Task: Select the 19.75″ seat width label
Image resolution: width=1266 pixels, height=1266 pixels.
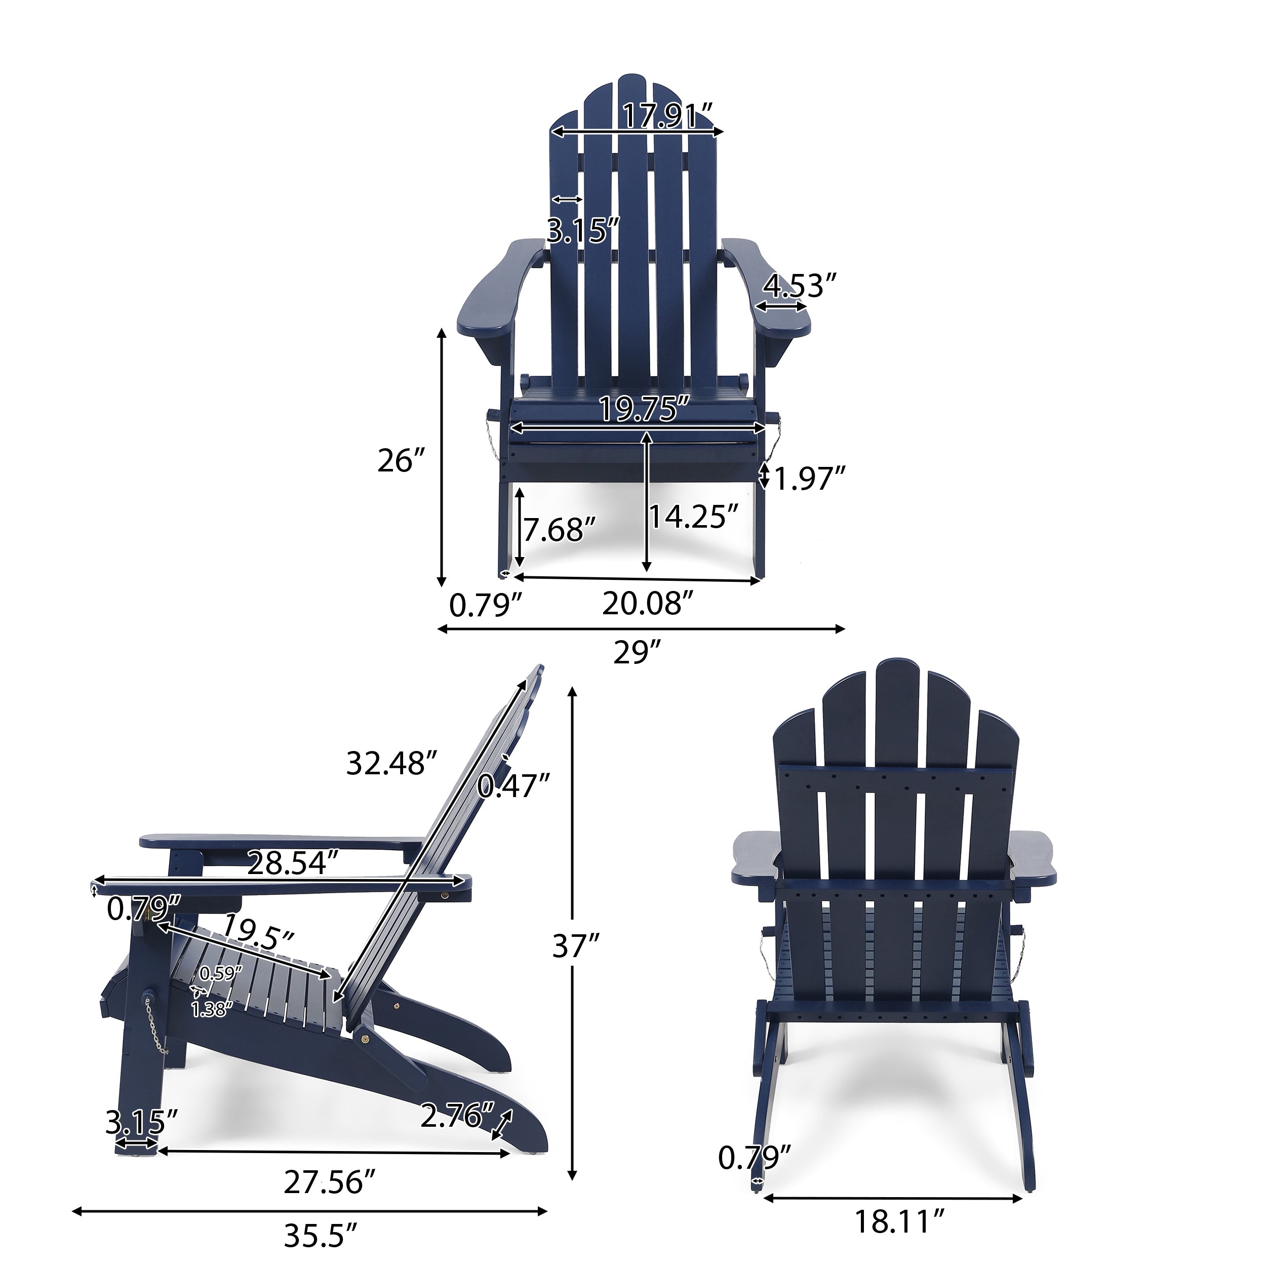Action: coord(646,410)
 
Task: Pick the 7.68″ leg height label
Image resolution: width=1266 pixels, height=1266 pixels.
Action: coord(559,530)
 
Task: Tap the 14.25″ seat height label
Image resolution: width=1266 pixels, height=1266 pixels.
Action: coord(697,517)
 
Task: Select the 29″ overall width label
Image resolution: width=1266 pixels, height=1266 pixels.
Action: coord(638,653)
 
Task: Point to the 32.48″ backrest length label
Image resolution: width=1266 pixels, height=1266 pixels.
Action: coord(391,763)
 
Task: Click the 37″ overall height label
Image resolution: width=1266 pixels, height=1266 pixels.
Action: coord(576,945)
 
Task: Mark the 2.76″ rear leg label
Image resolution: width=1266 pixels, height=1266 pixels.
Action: coord(458,1117)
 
